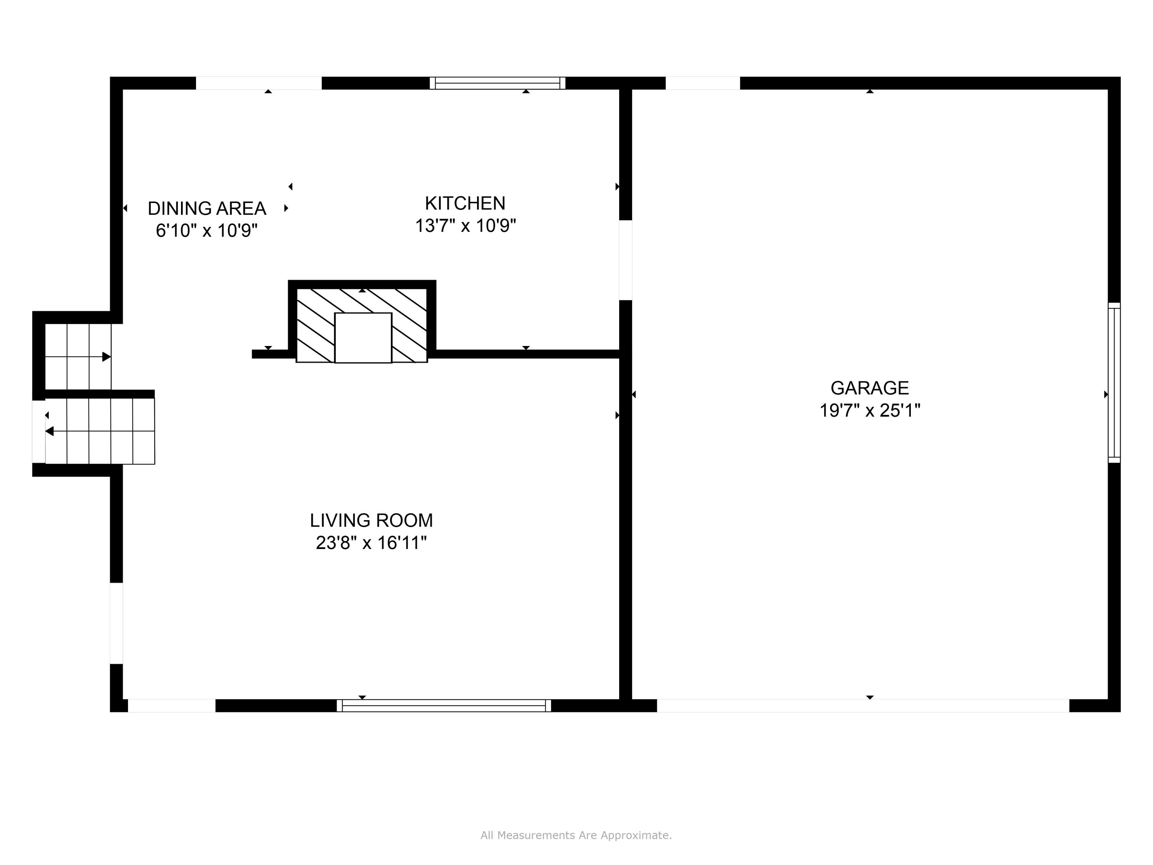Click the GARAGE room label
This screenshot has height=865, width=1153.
(x=869, y=388)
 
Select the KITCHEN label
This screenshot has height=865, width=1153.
(x=465, y=203)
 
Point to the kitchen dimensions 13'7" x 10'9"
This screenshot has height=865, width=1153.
(x=465, y=226)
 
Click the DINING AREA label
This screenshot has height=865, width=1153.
(x=206, y=208)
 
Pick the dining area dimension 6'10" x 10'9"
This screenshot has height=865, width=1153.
(x=206, y=230)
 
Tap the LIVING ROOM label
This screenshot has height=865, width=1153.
(x=371, y=521)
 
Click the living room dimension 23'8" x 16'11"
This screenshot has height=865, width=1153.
(x=371, y=543)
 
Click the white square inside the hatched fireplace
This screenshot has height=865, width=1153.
(x=363, y=338)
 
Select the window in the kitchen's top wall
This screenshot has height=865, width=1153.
(x=497, y=83)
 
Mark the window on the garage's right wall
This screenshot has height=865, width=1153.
(x=1113, y=383)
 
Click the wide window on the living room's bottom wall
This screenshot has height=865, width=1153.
(x=444, y=705)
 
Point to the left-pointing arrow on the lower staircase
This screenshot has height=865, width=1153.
(x=50, y=431)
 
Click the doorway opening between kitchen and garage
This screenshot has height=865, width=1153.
(x=625, y=260)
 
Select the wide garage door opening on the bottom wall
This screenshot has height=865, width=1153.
(x=863, y=705)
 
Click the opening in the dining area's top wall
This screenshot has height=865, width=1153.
(x=259, y=83)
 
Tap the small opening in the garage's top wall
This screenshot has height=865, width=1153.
(x=702, y=83)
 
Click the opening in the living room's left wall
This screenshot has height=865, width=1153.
(x=116, y=623)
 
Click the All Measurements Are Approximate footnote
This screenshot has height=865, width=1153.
(x=576, y=835)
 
